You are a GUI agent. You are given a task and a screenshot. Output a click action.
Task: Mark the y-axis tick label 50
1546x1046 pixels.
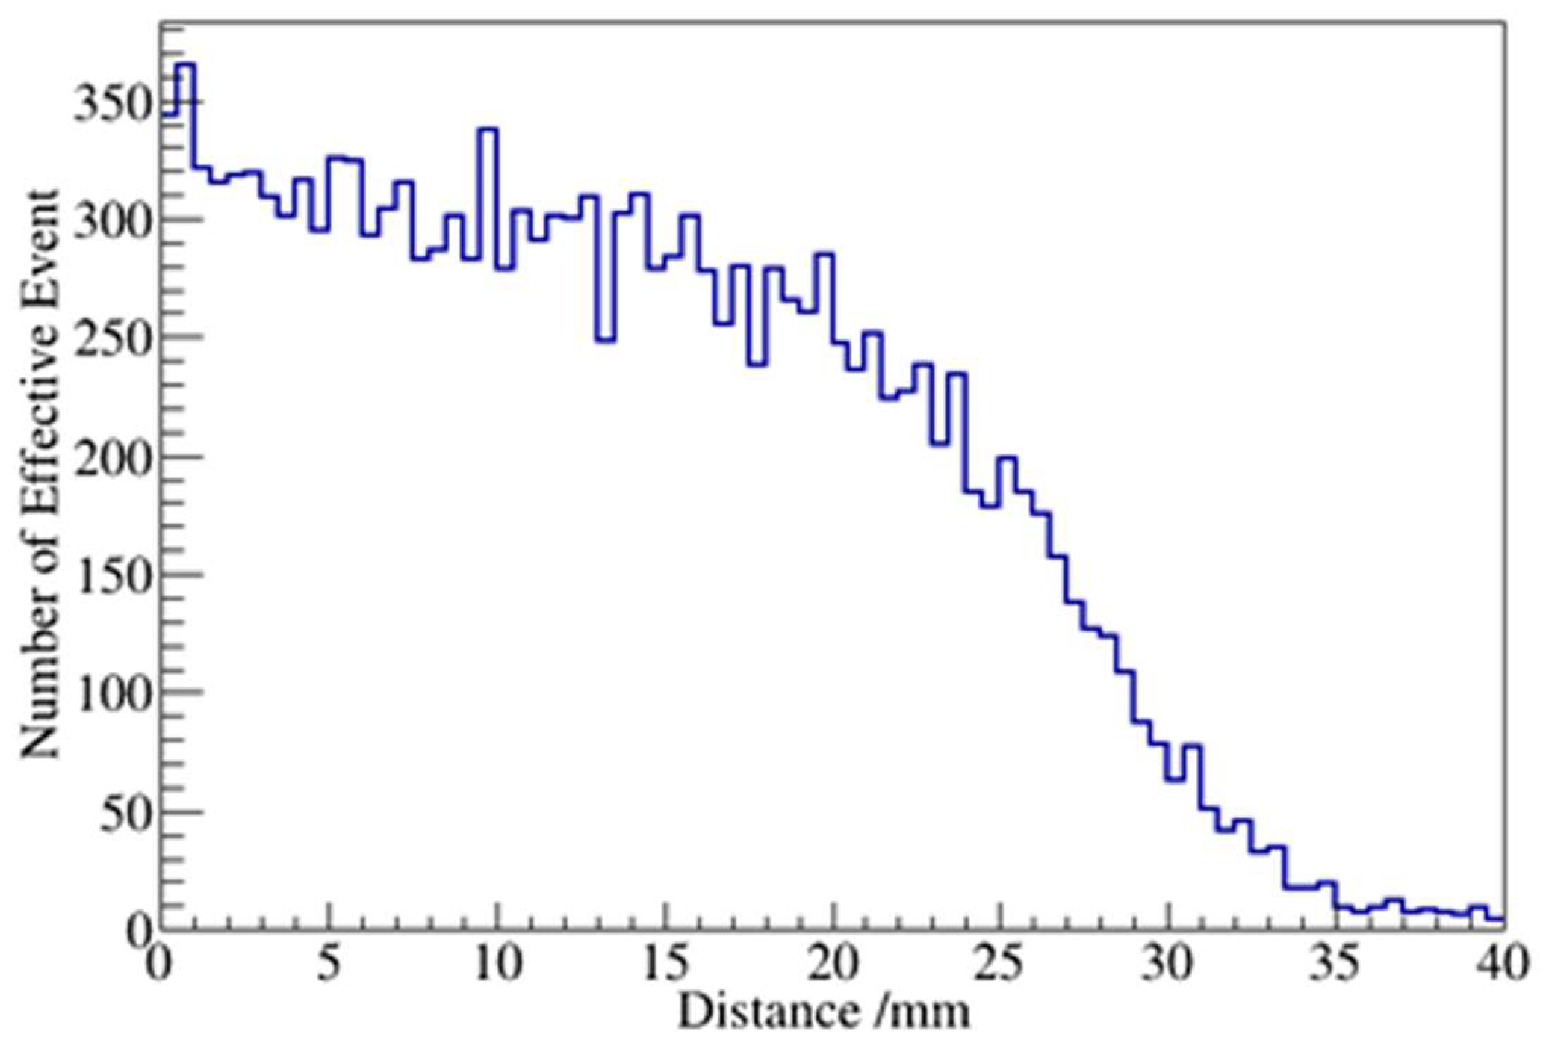click(123, 812)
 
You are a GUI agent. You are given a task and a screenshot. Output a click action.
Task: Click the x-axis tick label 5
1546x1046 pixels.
click(328, 965)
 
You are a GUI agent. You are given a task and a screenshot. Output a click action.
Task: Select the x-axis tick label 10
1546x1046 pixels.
click(497, 965)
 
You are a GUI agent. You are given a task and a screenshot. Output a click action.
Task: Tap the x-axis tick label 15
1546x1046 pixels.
click(665, 965)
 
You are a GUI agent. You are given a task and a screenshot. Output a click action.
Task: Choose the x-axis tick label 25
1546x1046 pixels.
click(1001, 965)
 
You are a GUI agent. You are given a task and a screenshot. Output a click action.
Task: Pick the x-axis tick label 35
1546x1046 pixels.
click(1337, 965)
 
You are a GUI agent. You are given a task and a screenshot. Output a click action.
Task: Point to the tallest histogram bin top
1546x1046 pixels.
click(186, 64)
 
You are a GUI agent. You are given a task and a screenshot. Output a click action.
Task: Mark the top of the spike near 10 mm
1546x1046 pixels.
click(488, 129)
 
